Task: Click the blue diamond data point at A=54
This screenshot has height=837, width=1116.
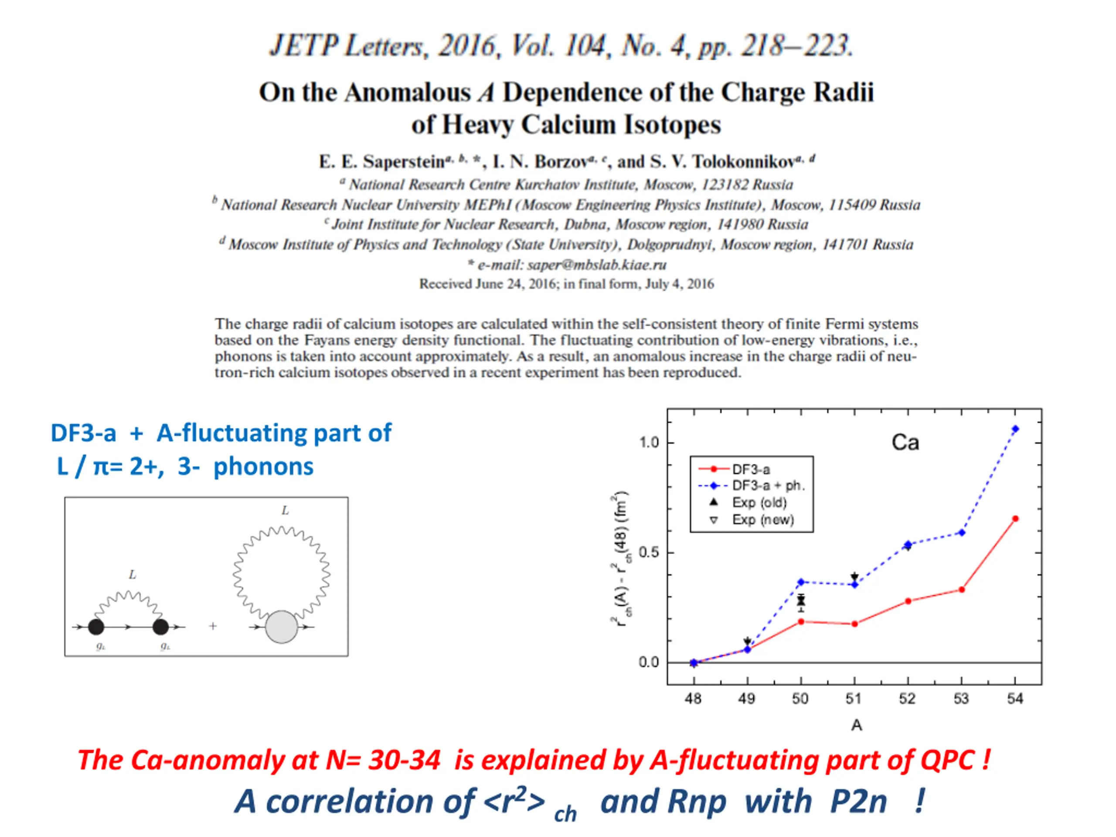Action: point(1016,429)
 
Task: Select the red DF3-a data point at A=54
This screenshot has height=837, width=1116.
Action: point(1016,519)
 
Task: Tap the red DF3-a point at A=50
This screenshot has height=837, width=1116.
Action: point(801,622)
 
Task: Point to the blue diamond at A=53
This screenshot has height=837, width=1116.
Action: point(962,533)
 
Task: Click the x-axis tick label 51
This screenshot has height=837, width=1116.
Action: point(854,699)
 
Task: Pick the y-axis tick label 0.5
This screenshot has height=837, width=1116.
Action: point(648,552)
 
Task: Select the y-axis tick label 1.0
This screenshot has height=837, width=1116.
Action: point(649,442)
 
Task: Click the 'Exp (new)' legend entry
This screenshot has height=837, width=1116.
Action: point(763,520)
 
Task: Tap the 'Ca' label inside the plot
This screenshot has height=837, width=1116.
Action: point(905,443)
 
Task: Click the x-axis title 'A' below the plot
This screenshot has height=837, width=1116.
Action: point(856,725)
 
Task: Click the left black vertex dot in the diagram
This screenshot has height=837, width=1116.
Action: point(96,627)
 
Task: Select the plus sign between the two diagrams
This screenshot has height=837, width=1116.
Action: point(213,626)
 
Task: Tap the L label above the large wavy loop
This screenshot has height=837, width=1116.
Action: point(285,510)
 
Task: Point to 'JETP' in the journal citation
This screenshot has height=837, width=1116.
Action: point(303,46)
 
